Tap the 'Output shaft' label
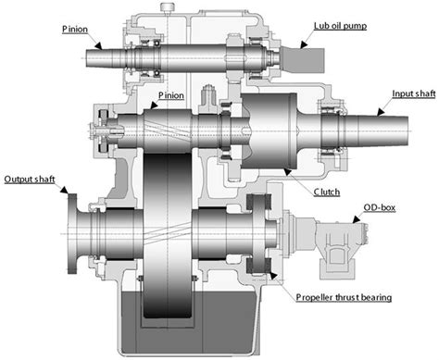point(30,178)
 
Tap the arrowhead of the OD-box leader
point(353,222)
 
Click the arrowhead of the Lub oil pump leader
point(304,43)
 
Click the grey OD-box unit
point(336,244)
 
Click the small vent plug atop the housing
point(169,8)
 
